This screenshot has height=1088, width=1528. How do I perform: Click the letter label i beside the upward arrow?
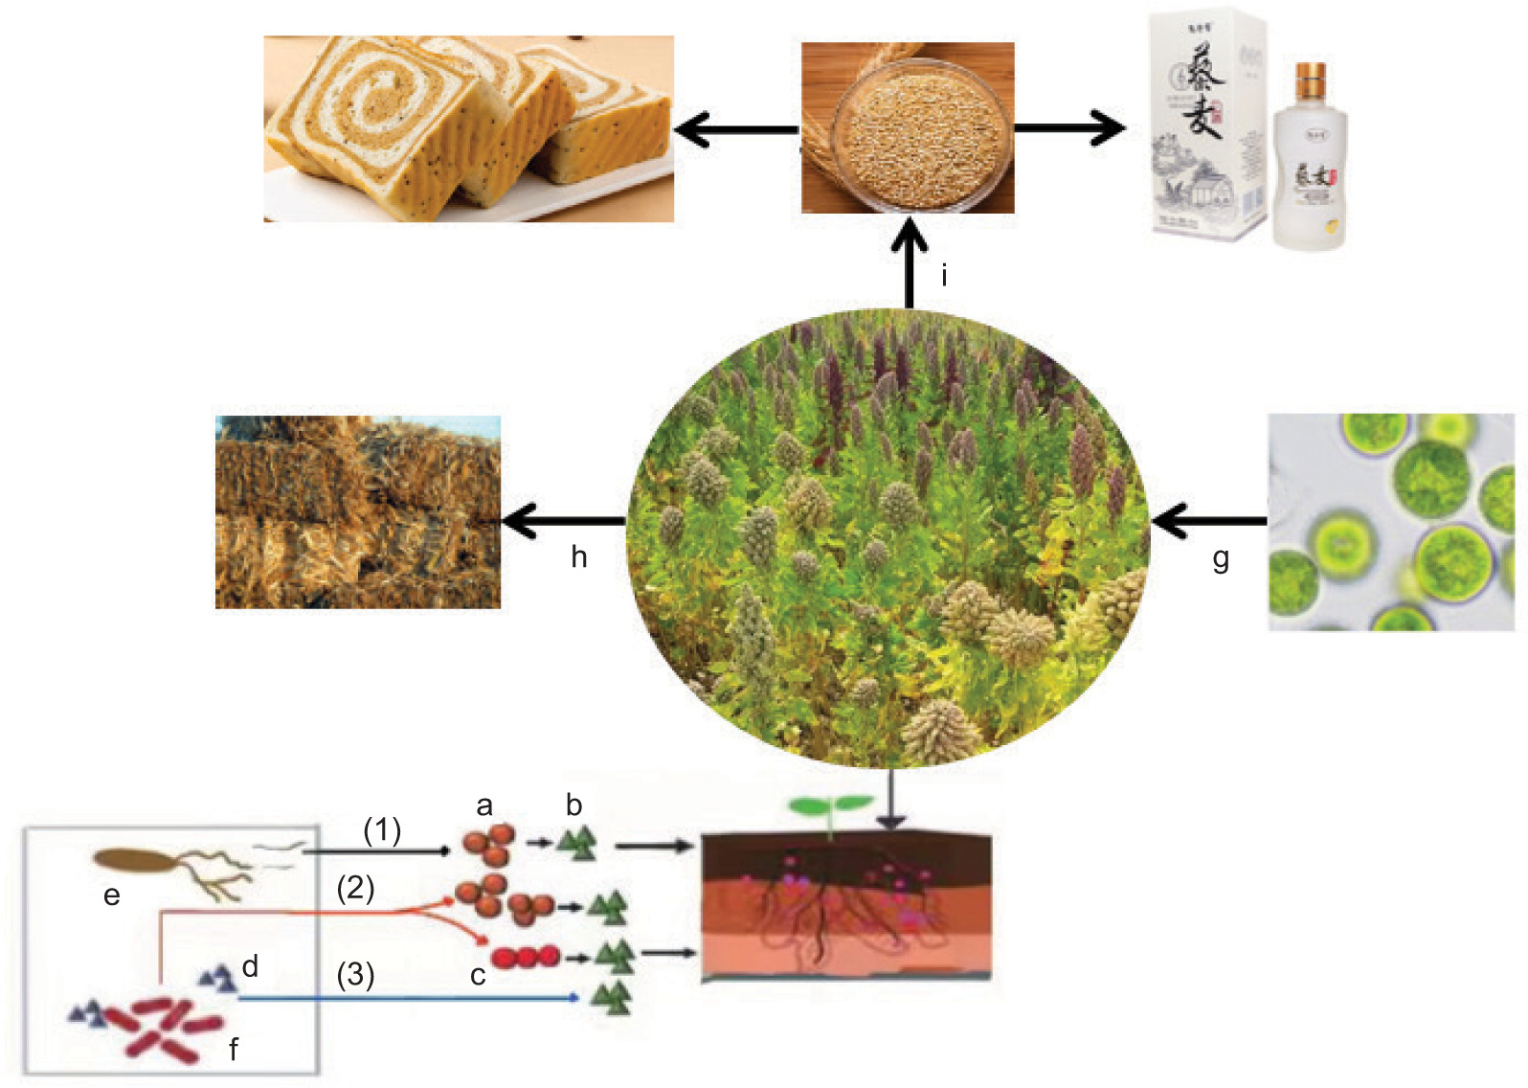click(944, 276)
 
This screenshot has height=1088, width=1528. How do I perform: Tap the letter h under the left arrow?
click(578, 556)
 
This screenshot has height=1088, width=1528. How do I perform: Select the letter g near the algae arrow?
click(1221, 558)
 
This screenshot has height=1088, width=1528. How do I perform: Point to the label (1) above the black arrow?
click(382, 829)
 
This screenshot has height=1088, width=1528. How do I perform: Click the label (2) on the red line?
click(355, 888)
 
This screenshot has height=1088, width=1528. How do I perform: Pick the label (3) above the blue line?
click(355, 974)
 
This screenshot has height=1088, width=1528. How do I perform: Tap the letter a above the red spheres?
click(484, 805)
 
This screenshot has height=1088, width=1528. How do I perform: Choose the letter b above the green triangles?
click(573, 805)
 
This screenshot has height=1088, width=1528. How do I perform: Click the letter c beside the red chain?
click(478, 975)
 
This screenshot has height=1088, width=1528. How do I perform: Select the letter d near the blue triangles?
click(250, 965)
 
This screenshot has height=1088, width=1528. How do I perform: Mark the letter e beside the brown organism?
click(112, 895)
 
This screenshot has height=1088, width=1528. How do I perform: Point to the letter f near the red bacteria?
click(234, 1050)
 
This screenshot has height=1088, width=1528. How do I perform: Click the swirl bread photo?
click(468, 128)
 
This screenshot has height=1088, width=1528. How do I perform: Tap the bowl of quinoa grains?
click(907, 128)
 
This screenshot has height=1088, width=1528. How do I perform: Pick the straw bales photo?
click(358, 512)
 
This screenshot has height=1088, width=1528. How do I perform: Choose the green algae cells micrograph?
click(1391, 522)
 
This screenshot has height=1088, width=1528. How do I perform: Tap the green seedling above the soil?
click(829, 808)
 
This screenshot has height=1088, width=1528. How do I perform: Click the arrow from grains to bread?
click(735, 129)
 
